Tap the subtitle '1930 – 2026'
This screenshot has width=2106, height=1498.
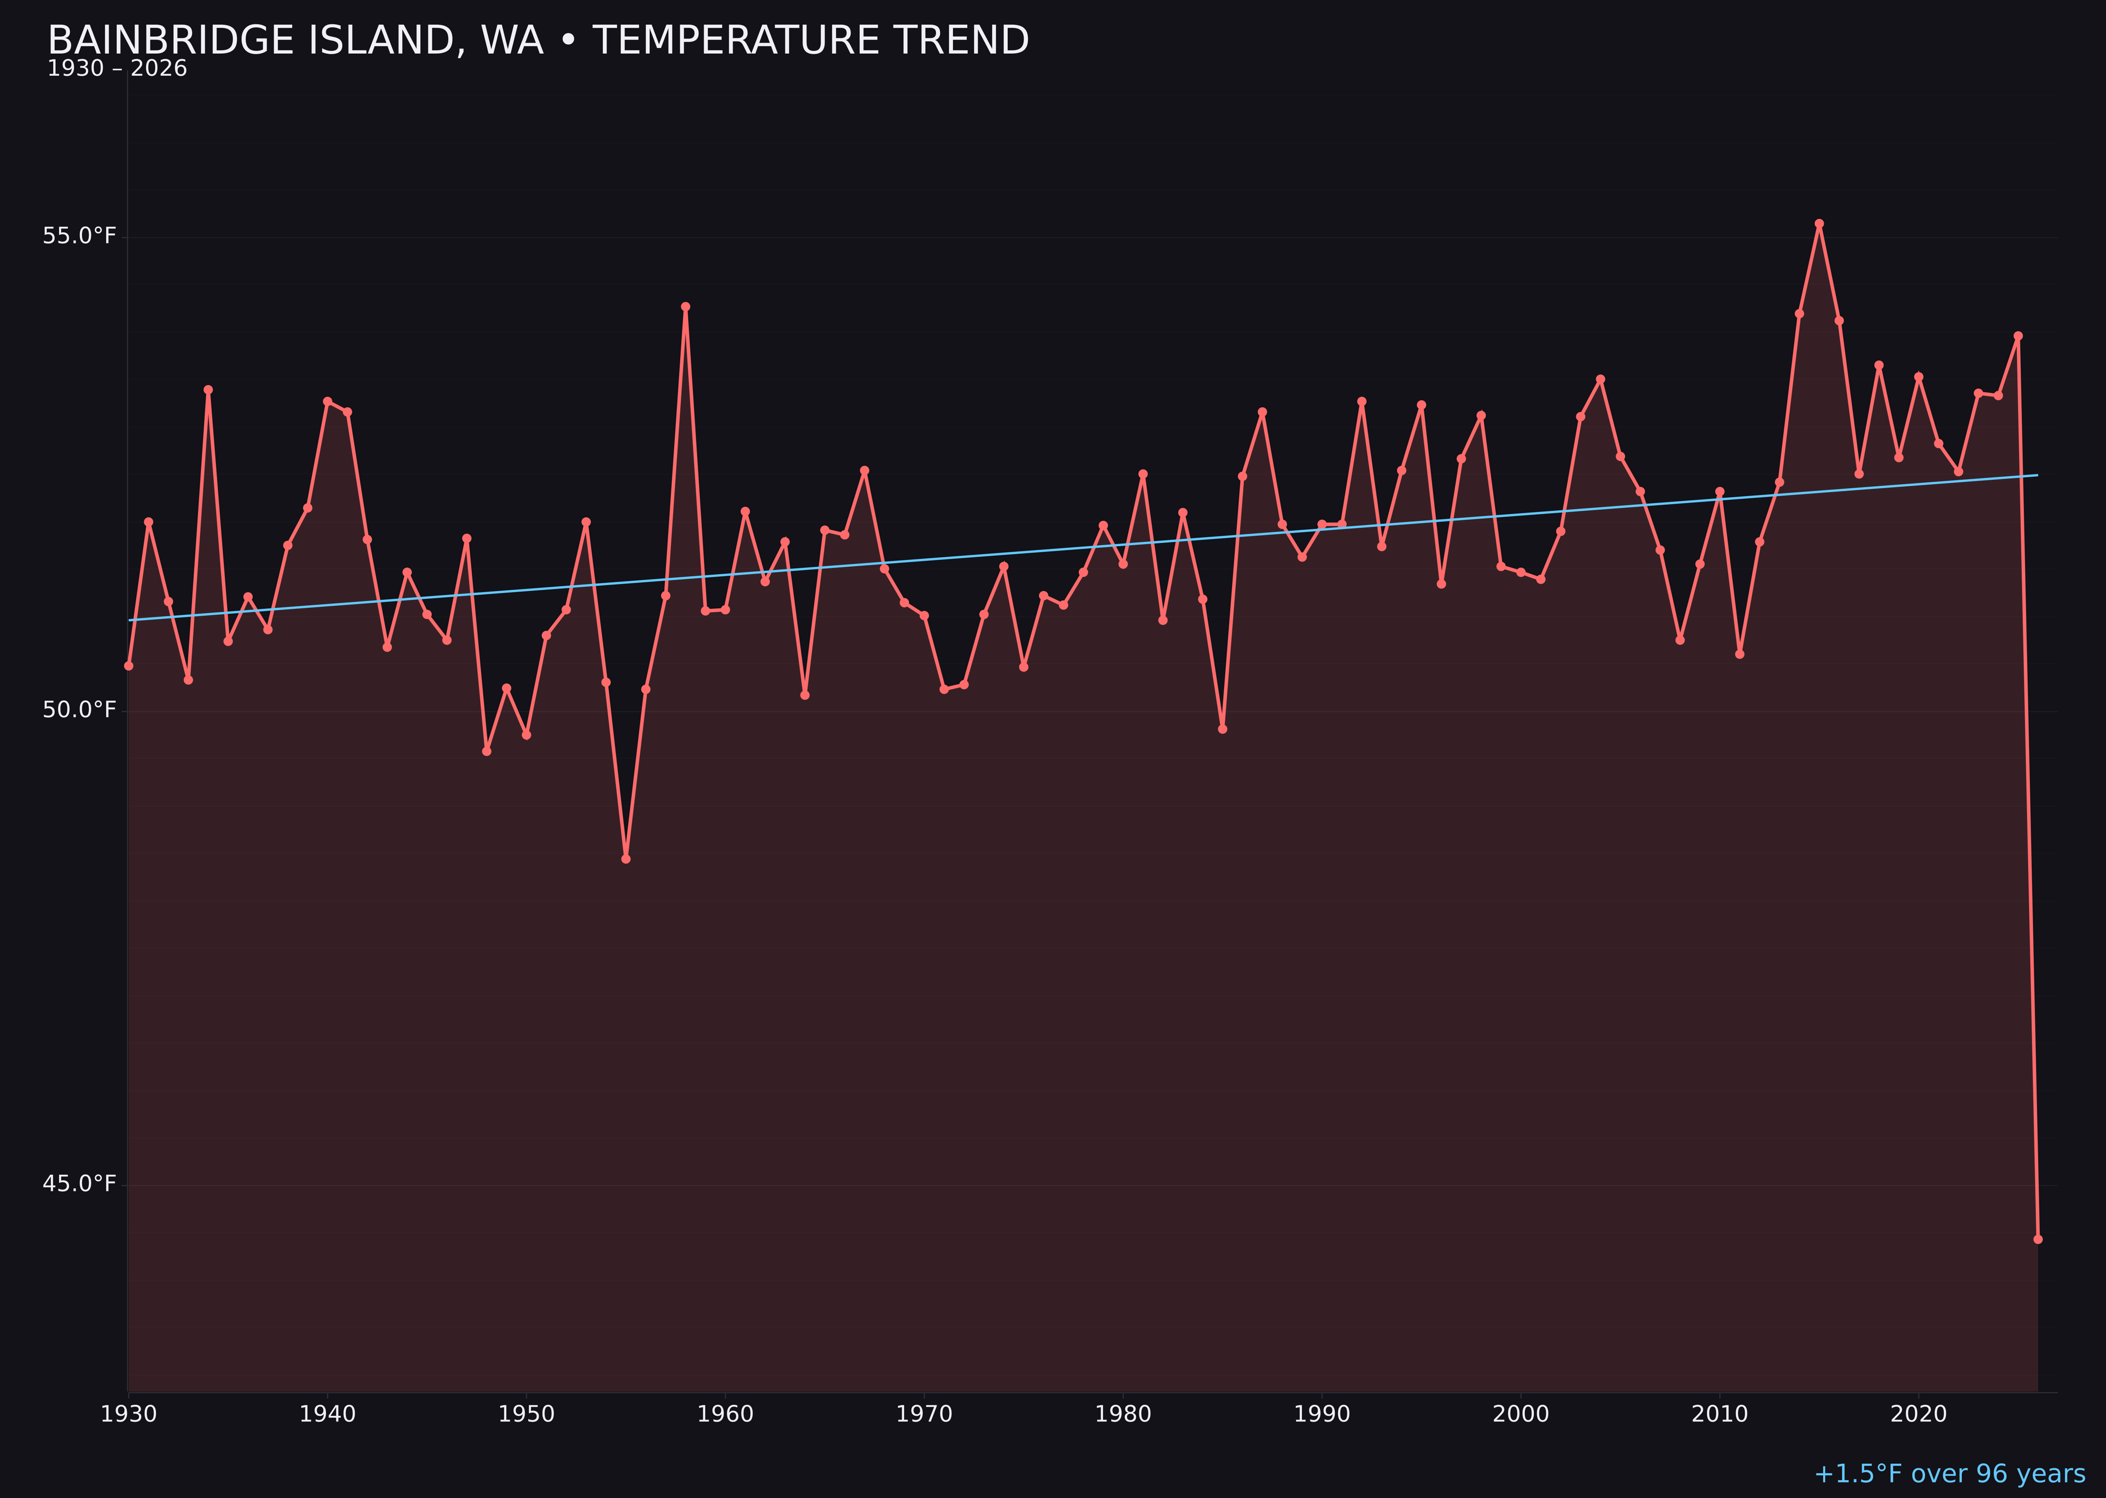click(117, 69)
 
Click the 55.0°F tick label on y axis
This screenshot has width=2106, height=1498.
click(80, 236)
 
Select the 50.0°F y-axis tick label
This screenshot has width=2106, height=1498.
click(80, 710)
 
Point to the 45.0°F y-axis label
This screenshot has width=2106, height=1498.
click(80, 1184)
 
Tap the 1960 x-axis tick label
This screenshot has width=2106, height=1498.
click(726, 1414)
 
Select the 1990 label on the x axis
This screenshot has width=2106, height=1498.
click(1322, 1414)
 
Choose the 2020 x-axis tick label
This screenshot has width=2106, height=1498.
click(1919, 1414)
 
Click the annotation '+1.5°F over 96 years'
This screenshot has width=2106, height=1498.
click(1949, 1474)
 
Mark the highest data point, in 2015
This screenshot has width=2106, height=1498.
click(1819, 223)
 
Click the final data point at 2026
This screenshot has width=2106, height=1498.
click(2038, 1240)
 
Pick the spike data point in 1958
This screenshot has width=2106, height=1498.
click(685, 307)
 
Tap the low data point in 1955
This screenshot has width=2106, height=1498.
click(626, 859)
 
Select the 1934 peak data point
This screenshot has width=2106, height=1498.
click(208, 389)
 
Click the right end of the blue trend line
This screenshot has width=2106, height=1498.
click(2037, 475)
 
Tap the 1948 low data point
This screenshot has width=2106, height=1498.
click(487, 752)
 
